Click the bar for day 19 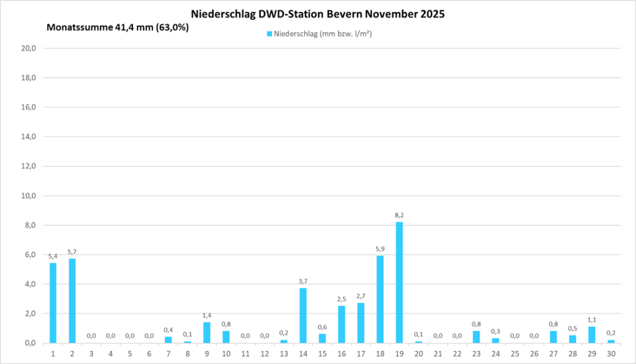399,283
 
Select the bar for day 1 53,303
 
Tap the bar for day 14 303,316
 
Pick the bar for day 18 380,299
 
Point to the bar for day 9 207,332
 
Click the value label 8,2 399,215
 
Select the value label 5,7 72,252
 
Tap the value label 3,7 303,281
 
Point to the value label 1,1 592,320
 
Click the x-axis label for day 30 611,353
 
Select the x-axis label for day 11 245,353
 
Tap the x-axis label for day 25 515,353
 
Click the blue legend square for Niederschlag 270,34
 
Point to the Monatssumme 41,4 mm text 118,27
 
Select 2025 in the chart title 430,13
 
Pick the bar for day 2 72,301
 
